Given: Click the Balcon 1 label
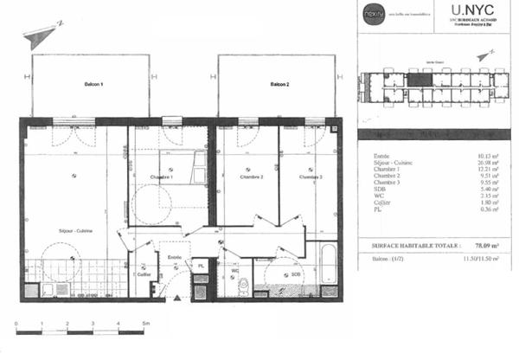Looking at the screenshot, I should [94, 85].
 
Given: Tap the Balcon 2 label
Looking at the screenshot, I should [279, 85].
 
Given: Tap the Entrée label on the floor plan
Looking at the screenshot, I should [175, 256].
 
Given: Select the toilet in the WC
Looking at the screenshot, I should [244, 286].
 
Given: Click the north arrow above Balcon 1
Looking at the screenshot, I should [42, 36].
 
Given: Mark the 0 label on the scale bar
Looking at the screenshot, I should [17, 323].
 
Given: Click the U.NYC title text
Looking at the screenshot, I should [468, 11].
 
